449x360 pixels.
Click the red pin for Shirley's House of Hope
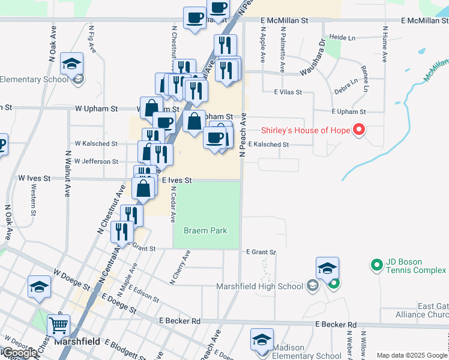(359, 130)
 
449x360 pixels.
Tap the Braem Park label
(205, 230)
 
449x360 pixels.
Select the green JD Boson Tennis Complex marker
(376, 264)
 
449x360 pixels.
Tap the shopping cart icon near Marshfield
(59, 326)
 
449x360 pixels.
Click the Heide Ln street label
(343, 37)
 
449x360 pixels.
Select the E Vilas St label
(287, 92)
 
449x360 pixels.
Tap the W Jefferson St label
(96, 161)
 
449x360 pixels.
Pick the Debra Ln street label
(346, 85)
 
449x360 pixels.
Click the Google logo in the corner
(19, 353)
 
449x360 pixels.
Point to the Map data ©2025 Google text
(412, 355)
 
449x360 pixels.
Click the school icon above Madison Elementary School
(262, 340)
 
